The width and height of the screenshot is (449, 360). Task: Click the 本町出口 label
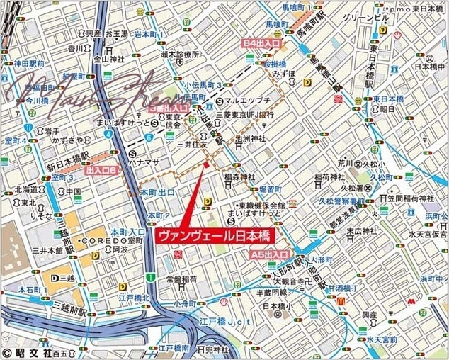[158, 192]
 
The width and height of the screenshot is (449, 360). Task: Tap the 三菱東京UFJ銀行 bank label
[246, 115]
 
